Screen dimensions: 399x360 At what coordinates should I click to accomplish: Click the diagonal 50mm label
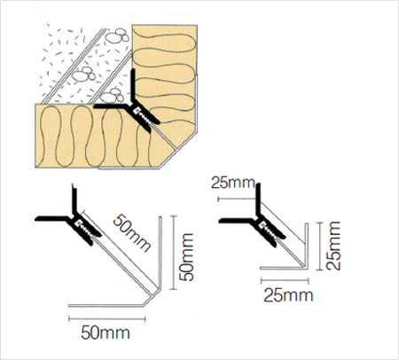coord(132,233)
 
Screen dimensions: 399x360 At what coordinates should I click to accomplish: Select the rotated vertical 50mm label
coord(187,257)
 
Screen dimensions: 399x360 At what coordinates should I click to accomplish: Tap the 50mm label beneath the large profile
coord(106,333)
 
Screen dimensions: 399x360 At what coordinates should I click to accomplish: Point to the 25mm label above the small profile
coord(233,183)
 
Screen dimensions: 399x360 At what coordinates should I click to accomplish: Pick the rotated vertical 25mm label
coord(333,246)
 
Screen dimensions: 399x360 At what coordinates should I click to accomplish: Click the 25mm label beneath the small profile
coord(288,295)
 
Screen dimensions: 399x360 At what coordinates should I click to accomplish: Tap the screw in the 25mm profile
coord(270,231)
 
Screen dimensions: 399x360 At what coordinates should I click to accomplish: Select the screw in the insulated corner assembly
coord(143,116)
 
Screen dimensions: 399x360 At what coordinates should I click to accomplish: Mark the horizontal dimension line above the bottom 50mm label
coord(107,318)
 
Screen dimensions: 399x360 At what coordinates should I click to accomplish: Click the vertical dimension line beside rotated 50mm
coord(174,253)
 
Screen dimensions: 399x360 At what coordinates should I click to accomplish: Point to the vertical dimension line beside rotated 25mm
coord(319,247)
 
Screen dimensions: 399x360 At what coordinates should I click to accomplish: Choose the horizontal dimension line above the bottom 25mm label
coord(285,280)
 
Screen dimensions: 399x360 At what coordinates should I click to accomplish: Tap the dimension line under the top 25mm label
coord(237,199)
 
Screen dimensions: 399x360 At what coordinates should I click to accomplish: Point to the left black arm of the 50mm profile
coord(52,219)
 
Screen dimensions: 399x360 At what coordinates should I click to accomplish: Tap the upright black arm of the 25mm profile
coord(258,198)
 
